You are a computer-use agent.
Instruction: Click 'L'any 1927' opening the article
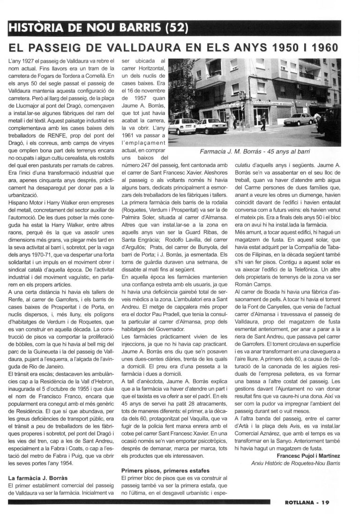click(x=22, y=61)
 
